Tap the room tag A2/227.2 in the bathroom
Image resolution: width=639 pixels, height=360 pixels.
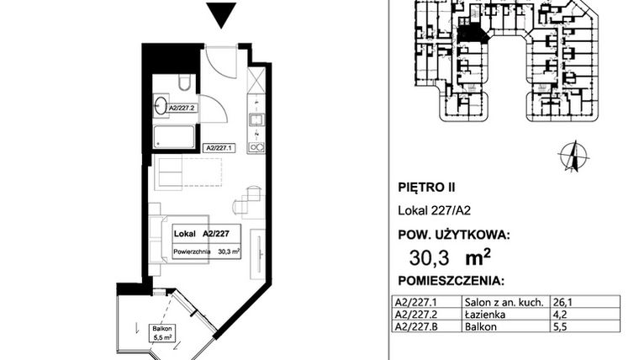click(x=182, y=108)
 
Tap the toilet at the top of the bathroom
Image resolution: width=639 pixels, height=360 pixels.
click(x=185, y=82)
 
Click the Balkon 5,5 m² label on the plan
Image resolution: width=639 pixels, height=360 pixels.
click(x=161, y=332)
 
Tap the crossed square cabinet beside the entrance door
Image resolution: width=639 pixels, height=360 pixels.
click(x=256, y=80)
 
